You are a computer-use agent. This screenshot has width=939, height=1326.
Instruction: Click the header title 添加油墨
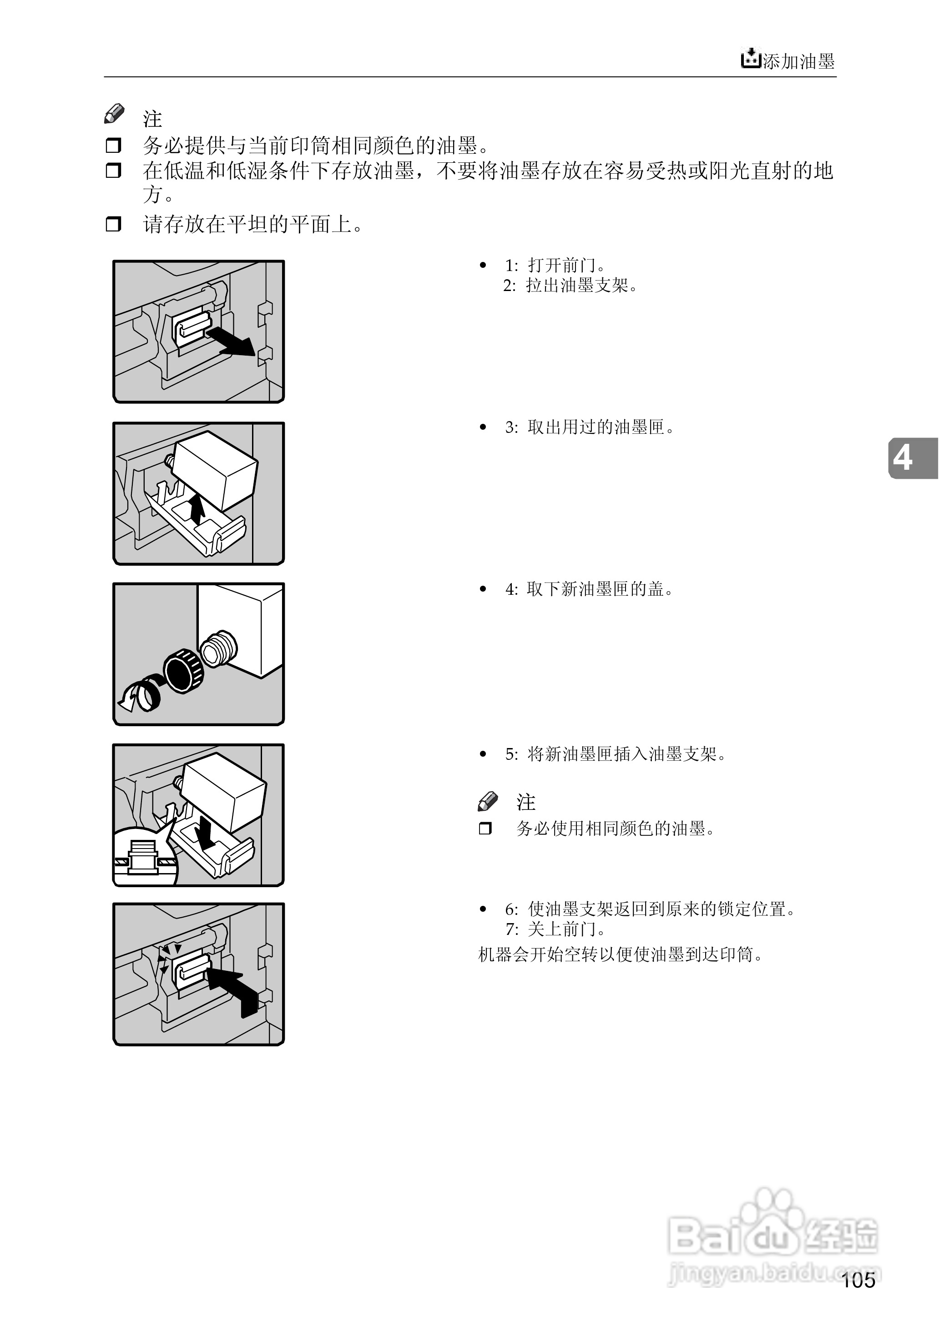[x=798, y=61]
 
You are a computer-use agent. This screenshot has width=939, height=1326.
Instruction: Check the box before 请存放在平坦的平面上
[x=113, y=224]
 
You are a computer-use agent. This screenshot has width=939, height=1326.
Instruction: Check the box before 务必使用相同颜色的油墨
[x=486, y=829]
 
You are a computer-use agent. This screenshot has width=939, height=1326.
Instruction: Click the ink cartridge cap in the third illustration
[x=184, y=670]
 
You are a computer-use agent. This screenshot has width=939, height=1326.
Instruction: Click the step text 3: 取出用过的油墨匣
[x=589, y=427]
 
